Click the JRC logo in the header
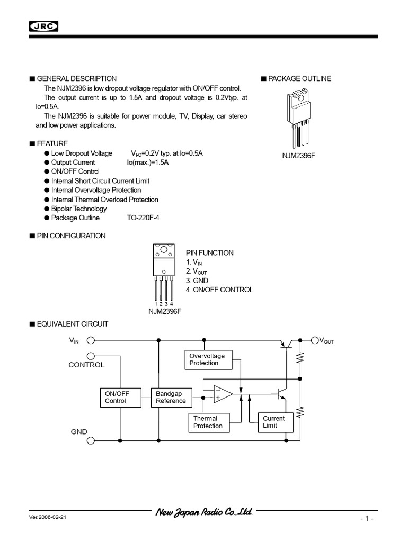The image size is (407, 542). click(43, 27)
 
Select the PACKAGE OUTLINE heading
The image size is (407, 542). click(299, 79)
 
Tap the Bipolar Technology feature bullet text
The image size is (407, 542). click(78, 209)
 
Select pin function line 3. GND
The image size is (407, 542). click(197, 281)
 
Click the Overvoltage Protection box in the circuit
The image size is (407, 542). click(207, 360)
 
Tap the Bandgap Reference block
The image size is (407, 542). click(171, 397)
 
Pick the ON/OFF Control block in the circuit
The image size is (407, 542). click(117, 397)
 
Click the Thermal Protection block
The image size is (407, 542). click(208, 422)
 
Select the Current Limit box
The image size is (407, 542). click(273, 422)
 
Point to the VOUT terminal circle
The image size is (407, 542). click(315, 340)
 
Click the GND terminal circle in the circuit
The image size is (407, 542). click(91, 440)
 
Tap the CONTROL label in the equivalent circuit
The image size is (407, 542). click(86, 365)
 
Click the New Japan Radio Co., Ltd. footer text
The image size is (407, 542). click(203, 513)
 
